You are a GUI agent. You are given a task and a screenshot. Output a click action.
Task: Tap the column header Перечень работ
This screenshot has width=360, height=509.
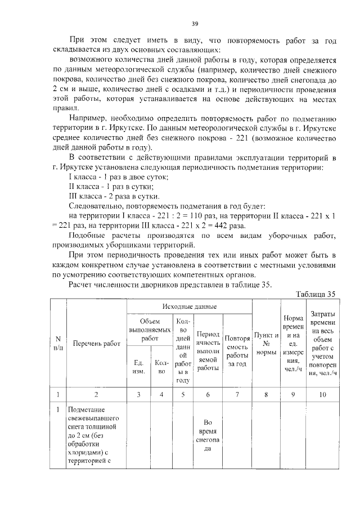tap(96, 344)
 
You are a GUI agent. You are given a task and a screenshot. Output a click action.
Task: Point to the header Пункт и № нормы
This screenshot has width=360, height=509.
tap(266, 344)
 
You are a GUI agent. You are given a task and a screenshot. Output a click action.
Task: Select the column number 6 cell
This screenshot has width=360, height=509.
tap(208, 394)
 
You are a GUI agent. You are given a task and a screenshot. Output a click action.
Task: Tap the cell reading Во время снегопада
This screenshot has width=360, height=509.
tap(208, 436)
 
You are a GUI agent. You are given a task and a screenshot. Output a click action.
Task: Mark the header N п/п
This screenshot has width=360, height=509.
tap(58, 344)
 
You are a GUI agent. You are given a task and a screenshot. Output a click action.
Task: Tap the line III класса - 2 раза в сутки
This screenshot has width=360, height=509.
tap(113, 196)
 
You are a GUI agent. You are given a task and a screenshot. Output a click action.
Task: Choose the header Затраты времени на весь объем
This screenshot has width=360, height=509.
tap(321, 344)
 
